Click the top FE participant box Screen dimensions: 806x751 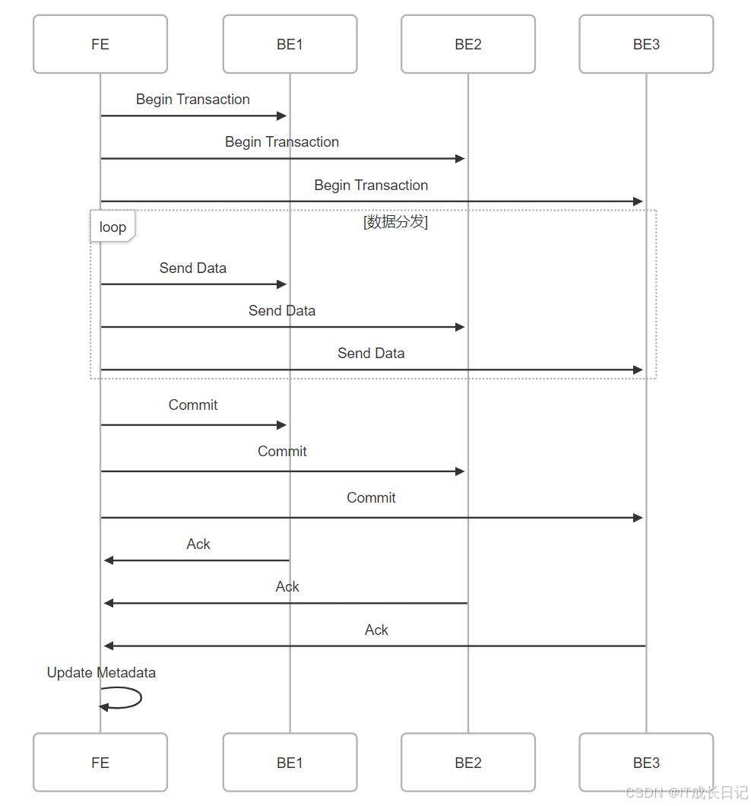click(x=100, y=44)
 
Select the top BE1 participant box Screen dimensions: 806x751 click(x=290, y=44)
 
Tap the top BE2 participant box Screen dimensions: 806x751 click(x=468, y=44)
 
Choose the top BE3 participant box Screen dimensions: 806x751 click(x=646, y=44)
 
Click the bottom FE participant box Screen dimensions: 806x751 click(x=100, y=763)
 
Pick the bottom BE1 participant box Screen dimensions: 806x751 click(x=290, y=763)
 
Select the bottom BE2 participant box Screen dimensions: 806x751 click(x=468, y=763)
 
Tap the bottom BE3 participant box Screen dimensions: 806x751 click(x=646, y=763)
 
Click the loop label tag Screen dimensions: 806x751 click(x=112, y=227)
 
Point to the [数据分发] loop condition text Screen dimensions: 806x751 click(x=395, y=222)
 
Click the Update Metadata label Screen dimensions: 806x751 click(x=101, y=672)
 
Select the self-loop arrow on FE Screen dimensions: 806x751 click(x=129, y=698)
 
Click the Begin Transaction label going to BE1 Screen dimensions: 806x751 click(x=193, y=100)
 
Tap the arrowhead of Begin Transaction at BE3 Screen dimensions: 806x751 click(x=639, y=201)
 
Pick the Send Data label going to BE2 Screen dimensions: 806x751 click(x=282, y=310)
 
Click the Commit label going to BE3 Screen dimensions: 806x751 click(x=371, y=497)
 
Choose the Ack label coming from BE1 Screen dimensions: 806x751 click(x=198, y=544)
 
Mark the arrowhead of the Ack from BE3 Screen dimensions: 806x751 click(x=109, y=646)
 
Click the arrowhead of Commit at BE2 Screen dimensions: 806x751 click(x=460, y=471)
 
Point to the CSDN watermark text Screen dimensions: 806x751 click(x=687, y=792)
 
